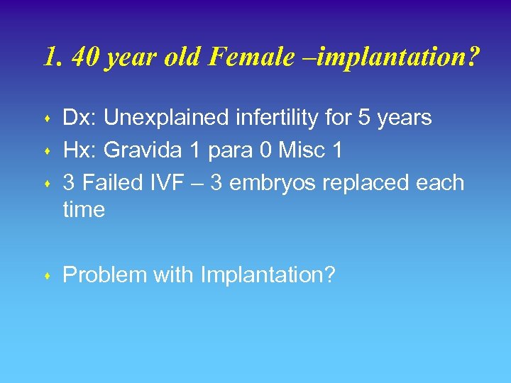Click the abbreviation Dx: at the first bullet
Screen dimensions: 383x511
[78, 118]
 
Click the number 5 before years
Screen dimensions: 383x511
[364, 118]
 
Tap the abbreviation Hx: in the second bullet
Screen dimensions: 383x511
[78, 150]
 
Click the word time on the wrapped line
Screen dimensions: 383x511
[84, 210]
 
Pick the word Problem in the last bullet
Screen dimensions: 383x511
[104, 275]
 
